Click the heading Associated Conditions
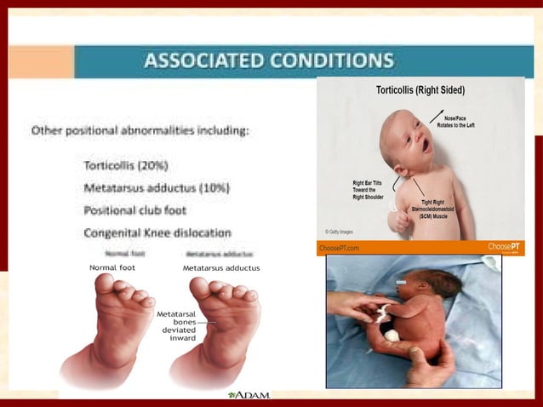(269, 60)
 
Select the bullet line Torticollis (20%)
(126, 164)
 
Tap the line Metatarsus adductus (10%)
(157, 186)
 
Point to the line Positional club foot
(135, 209)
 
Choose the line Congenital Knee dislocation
(157, 232)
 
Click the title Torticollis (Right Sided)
(420, 89)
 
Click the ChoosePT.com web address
(339, 248)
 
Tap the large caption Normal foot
(112, 267)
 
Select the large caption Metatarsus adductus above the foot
(221, 267)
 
